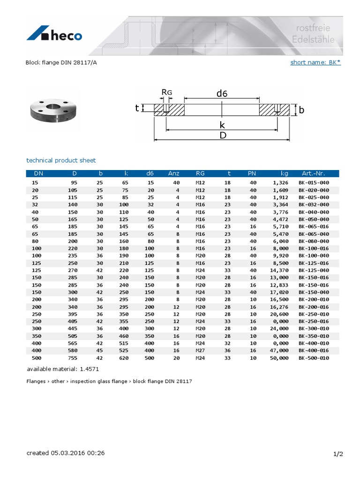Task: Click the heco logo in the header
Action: pyautogui.click(x=54, y=35)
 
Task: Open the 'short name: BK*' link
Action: pyautogui.click(x=315, y=62)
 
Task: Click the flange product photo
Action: pyautogui.click(x=52, y=111)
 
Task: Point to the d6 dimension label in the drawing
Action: pyautogui.click(x=222, y=93)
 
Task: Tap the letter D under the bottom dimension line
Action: pyautogui.click(x=223, y=135)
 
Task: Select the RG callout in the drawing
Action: pyautogui.click(x=167, y=93)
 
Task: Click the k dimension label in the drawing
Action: pyautogui.click(x=222, y=124)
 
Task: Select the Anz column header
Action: pyautogui.click(x=174, y=173)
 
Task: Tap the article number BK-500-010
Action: pyautogui.click(x=314, y=358)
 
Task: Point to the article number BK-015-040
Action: pyautogui.click(x=314, y=182)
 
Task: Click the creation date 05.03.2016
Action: pyautogui.click(x=71, y=453)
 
